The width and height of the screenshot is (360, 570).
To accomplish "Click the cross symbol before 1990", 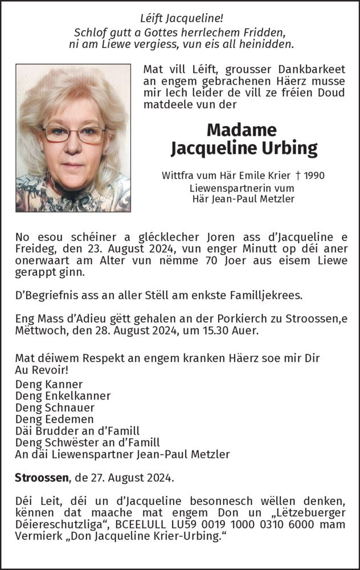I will pos(298,176).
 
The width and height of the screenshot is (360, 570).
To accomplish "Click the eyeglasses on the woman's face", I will pos(73,134).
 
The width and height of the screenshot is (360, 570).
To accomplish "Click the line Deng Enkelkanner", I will pos(63,396).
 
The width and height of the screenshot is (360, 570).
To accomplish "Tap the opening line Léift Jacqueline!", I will pos(179,19).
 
